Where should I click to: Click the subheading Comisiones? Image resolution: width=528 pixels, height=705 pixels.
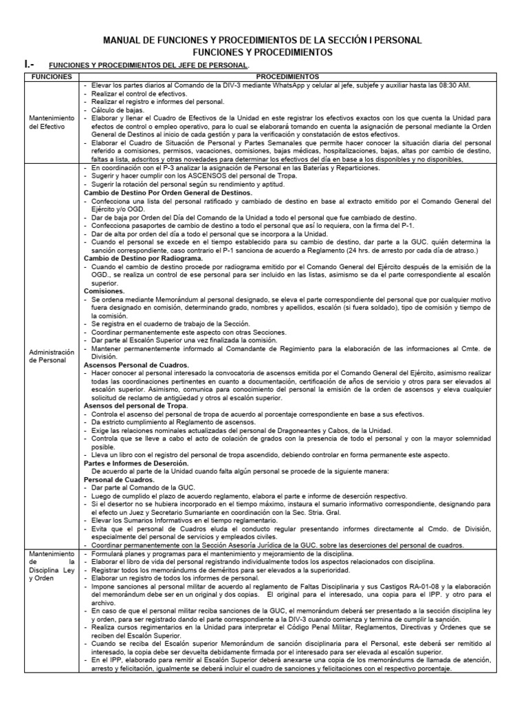coord(104,292)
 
